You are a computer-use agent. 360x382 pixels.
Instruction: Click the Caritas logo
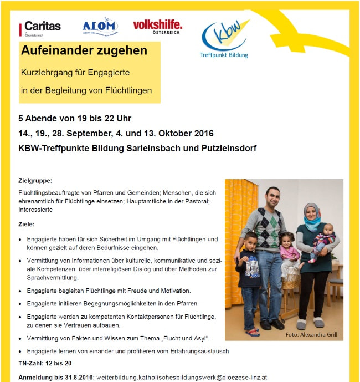(x=40, y=27)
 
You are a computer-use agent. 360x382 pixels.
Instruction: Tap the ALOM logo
(x=100, y=26)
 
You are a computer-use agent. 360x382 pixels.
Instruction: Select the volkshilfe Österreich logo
(x=157, y=26)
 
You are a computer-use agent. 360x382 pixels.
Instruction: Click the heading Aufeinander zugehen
(x=84, y=50)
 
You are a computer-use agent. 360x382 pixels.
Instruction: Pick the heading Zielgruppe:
(x=35, y=181)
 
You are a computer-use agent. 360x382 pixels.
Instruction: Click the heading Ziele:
(x=26, y=224)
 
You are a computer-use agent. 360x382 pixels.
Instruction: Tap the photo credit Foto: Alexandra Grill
(x=311, y=335)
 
